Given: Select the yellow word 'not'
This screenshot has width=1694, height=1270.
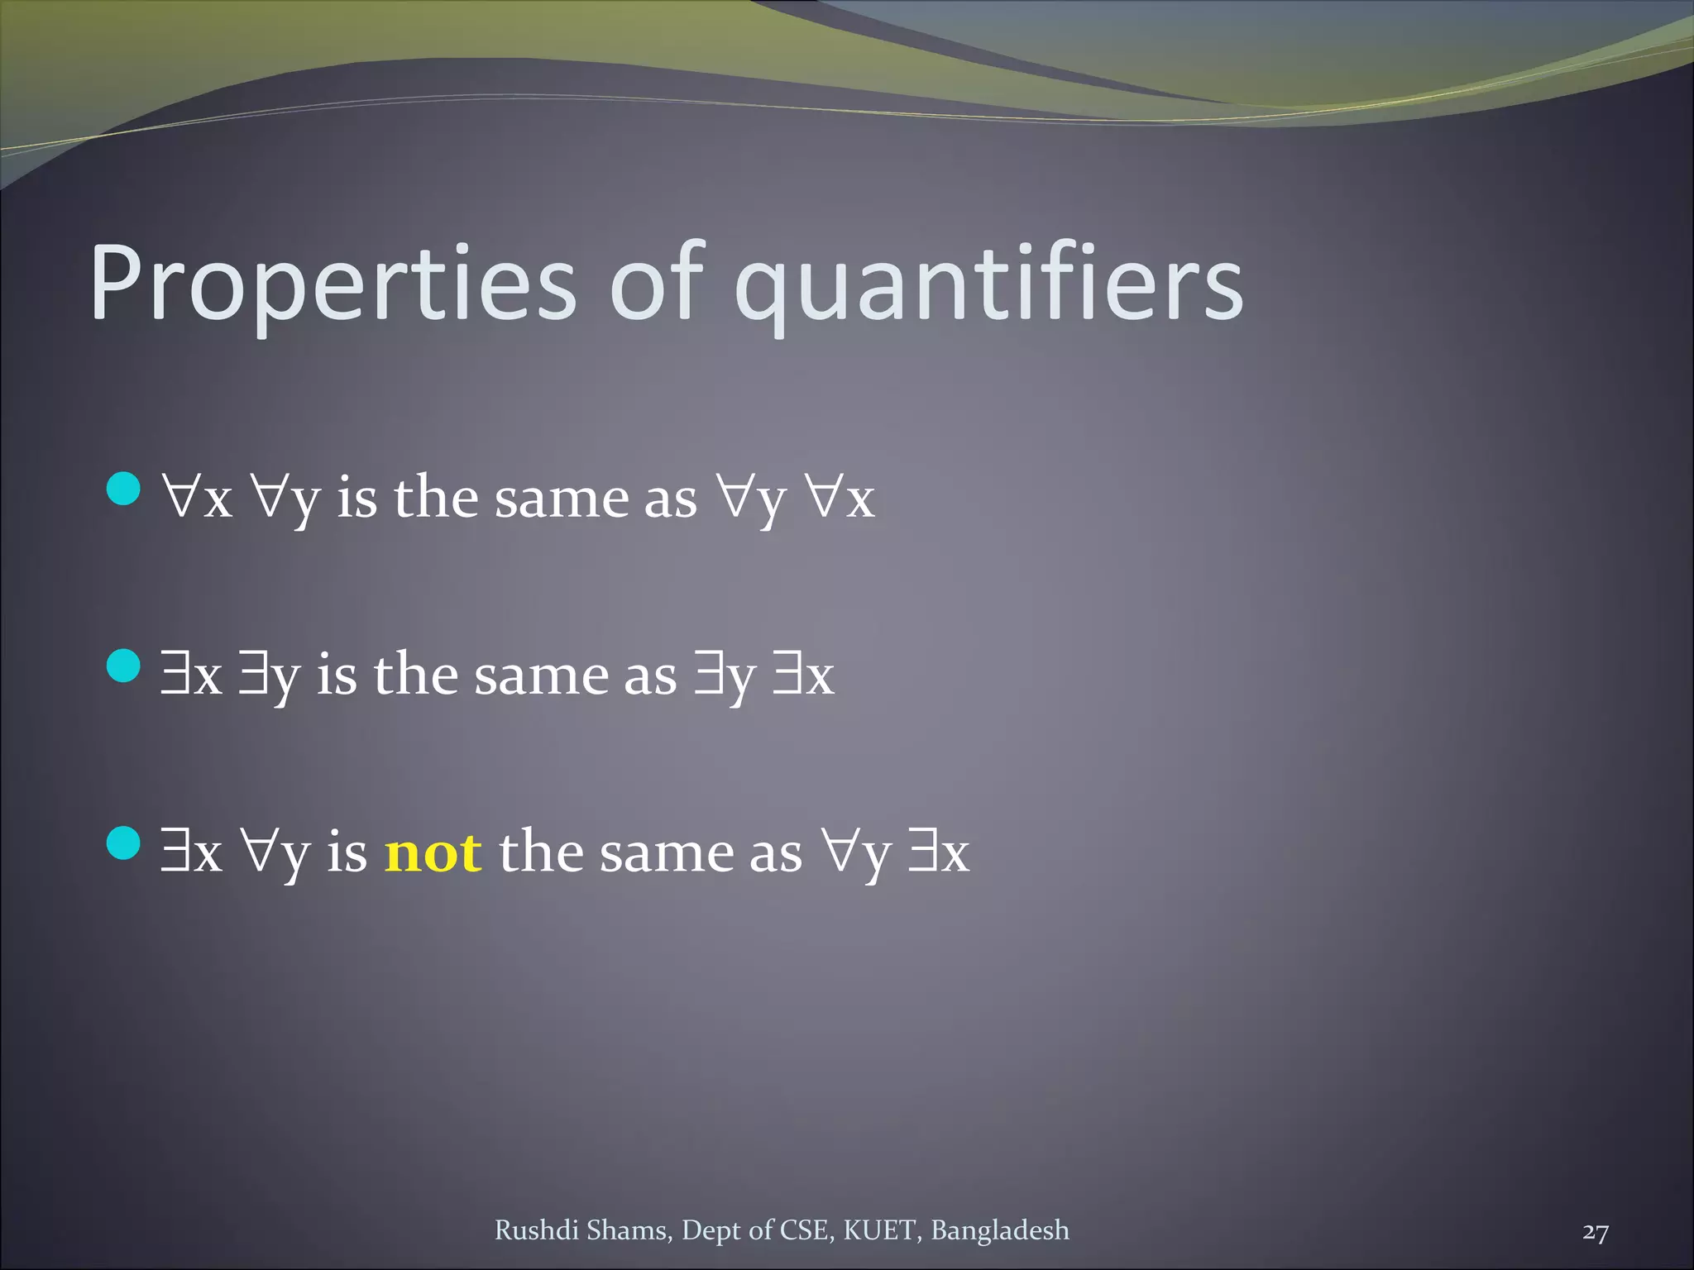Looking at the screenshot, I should (x=433, y=852).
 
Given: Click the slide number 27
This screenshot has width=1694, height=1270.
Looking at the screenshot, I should (x=1596, y=1232).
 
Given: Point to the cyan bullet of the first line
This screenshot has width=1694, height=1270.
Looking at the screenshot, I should (x=124, y=488).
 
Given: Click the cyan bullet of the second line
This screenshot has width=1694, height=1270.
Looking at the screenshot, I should (x=124, y=666).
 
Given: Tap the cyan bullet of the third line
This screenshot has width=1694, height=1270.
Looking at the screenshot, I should (x=124, y=843).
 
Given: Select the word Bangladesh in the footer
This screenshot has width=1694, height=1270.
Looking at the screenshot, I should (x=1000, y=1230).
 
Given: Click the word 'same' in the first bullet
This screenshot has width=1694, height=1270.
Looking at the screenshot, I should (x=562, y=499).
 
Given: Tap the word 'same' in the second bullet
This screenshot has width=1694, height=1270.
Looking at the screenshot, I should (x=542, y=676).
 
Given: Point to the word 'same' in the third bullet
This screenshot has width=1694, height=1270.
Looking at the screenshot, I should (x=667, y=852).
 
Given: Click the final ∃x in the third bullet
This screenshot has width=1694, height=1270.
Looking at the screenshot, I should (x=938, y=852).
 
